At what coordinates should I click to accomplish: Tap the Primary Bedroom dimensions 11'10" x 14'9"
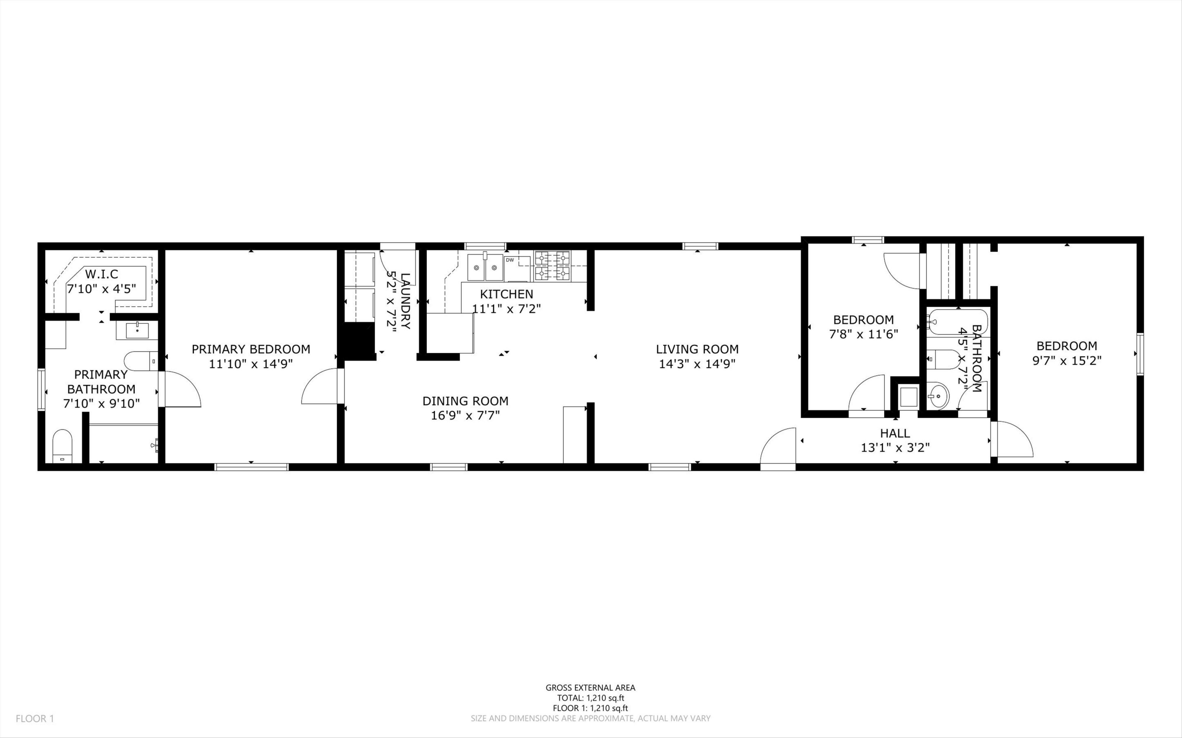(251, 364)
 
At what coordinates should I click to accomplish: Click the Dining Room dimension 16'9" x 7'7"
(465, 416)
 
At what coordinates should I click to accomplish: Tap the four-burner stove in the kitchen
(552, 266)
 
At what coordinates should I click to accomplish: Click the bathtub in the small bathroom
(957, 322)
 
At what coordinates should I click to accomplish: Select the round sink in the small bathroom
(937, 396)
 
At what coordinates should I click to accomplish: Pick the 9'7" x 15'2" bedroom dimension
(1067, 361)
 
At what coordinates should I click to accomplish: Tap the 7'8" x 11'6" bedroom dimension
(863, 335)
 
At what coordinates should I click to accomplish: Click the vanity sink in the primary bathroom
(137, 330)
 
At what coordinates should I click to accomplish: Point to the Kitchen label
(506, 294)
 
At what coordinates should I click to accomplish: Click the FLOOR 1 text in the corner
(35, 718)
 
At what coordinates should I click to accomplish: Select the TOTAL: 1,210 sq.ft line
(590, 698)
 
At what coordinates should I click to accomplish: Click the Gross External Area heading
(590, 688)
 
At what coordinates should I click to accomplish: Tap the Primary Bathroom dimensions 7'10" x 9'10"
(102, 404)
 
